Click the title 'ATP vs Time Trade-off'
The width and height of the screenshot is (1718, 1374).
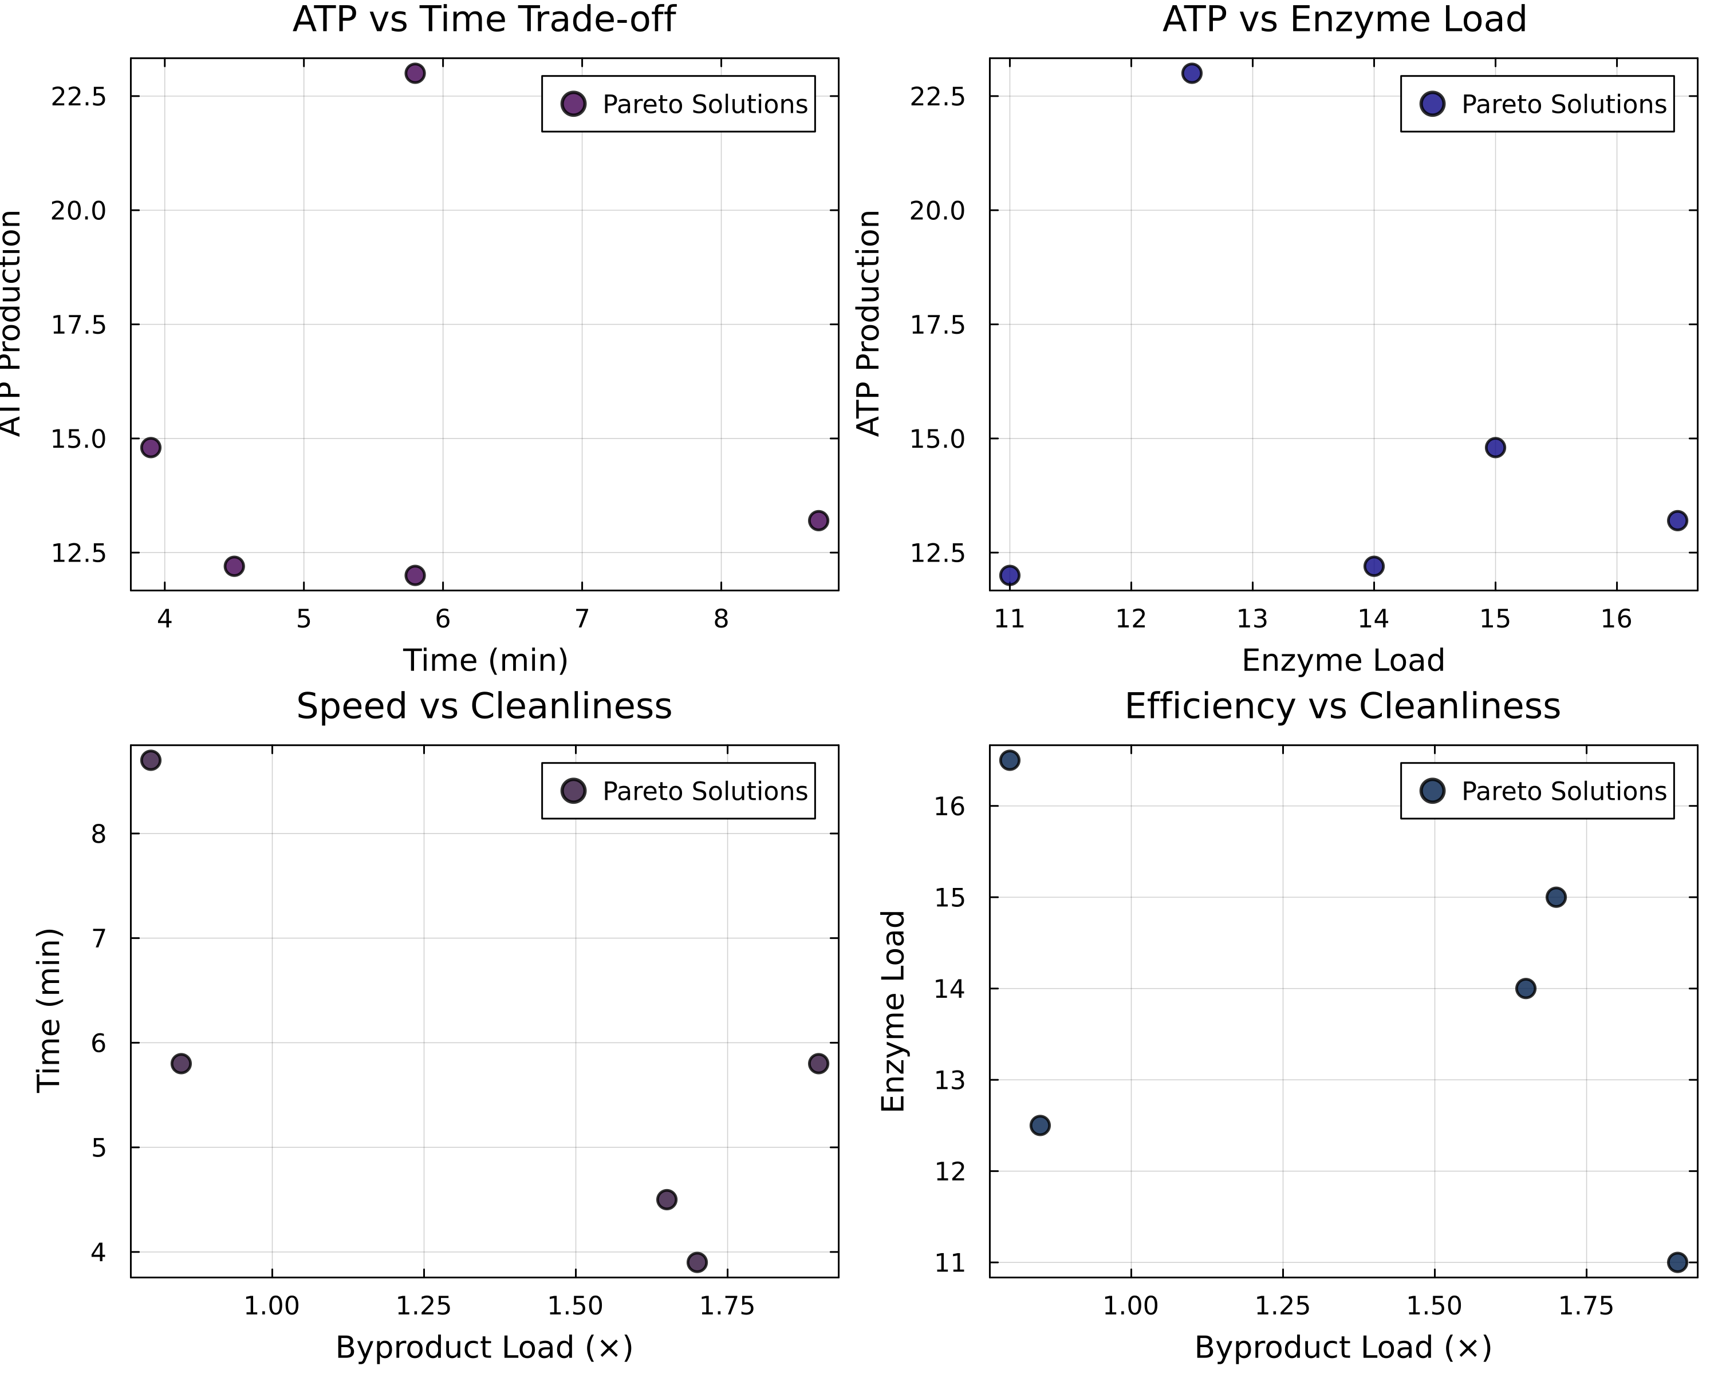click(x=484, y=19)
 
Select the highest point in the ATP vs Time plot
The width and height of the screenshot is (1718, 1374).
click(x=415, y=73)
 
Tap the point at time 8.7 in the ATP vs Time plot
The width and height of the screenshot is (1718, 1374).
click(x=818, y=521)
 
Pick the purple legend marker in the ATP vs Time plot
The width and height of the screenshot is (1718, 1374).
click(x=573, y=104)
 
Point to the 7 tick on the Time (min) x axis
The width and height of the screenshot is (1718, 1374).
click(x=582, y=619)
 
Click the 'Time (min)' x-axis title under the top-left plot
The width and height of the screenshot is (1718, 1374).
click(x=484, y=660)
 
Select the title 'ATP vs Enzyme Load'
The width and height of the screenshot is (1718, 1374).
click(x=1343, y=19)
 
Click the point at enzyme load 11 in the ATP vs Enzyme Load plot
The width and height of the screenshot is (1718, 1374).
click(x=1010, y=575)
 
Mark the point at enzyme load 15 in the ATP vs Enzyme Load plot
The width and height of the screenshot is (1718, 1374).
click(x=1495, y=448)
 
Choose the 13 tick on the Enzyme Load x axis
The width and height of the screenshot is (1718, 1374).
click(x=1252, y=619)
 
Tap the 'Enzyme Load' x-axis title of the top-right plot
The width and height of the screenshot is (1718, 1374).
click(x=1343, y=660)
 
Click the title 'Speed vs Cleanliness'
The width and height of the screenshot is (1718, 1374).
click(x=484, y=706)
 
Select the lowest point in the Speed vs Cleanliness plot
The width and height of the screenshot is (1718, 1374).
click(x=696, y=1262)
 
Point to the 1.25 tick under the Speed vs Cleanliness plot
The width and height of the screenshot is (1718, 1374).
click(x=423, y=1306)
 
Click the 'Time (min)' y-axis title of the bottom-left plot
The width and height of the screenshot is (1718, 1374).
click(x=49, y=1010)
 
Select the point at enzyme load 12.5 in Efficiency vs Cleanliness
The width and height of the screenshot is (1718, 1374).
click(x=1040, y=1126)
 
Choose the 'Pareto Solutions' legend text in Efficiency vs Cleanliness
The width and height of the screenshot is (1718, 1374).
click(x=1563, y=791)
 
